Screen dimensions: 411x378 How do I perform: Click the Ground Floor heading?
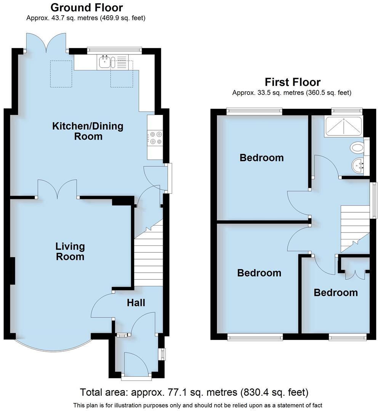click(x=86, y=7)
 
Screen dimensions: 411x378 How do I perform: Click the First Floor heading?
click(x=292, y=82)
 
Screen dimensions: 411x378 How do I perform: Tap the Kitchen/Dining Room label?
click(x=88, y=131)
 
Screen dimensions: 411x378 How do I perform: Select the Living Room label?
click(x=70, y=251)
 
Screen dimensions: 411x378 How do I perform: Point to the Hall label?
click(x=136, y=303)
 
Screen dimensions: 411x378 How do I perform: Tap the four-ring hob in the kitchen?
click(x=155, y=138)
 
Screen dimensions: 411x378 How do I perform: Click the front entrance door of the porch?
click(x=136, y=365)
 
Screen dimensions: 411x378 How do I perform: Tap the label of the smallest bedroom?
click(x=336, y=292)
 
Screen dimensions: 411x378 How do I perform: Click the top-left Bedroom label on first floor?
click(x=261, y=157)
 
